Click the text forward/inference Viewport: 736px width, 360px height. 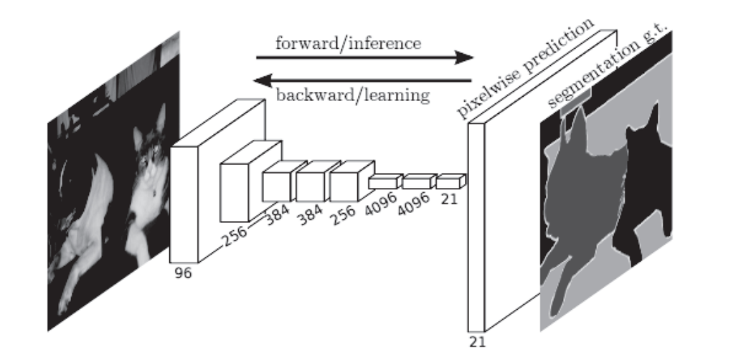pos(348,42)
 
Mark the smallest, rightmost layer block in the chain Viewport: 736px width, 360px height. pos(450,181)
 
